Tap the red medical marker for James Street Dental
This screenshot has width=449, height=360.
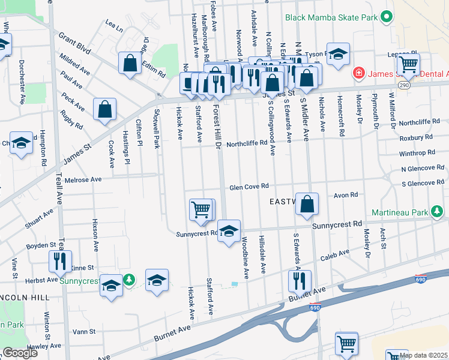coord(359,73)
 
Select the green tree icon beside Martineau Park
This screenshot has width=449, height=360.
coord(438,211)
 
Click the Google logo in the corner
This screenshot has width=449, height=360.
coord(20,353)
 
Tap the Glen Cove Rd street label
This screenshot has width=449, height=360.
coord(248,187)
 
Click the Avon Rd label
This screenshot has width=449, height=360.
coord(346,195)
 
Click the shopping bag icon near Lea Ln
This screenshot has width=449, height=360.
coord(130,63)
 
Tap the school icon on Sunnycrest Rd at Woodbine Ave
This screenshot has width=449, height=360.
coord(228,231)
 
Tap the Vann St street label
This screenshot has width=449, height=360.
coord(83,331)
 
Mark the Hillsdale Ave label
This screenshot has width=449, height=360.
coord(262,255)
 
